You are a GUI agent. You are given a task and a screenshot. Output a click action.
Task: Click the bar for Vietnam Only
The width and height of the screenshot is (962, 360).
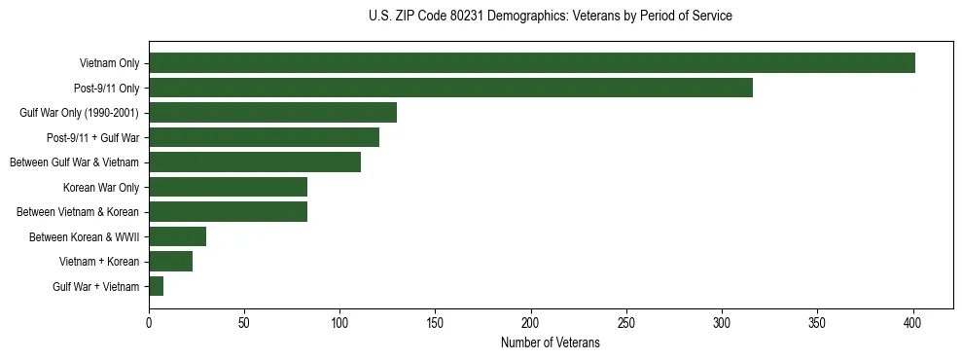pyautogui.click(x=532, y=63)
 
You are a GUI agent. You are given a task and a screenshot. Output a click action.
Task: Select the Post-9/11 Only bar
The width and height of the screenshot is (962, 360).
pyautogui.click(x=450, y=88)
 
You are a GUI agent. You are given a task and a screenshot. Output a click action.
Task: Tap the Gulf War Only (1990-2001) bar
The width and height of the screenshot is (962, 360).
pyautogui.click(x=272, y=113)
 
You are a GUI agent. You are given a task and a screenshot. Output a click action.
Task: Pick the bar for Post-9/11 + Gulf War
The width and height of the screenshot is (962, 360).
pyautogui.click(x=264, y=137)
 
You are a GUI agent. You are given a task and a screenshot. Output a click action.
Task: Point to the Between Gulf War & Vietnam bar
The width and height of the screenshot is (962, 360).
pyautogui.click(x=255, y=162)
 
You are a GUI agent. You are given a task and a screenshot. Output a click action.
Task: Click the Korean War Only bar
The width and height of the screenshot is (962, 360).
pyautogui.click(x=228, y=187)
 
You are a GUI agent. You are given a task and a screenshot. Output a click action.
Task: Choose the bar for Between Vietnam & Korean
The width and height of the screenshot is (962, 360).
pyautogui.click(x=228, y=212)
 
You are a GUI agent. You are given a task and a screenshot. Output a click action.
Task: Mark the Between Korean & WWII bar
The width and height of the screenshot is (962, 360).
pyautogui.click(x=177, y=236)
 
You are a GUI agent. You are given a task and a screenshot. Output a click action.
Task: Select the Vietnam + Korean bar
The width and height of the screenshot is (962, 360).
pyautogui.click(x=170, y=262)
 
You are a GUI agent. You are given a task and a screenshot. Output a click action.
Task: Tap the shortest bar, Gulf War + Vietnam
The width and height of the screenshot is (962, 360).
pyautogui.click(x=156, y=286)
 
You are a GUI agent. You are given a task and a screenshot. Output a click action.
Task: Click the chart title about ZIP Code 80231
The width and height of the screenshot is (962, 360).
pyautogui.click(x=551, y=17)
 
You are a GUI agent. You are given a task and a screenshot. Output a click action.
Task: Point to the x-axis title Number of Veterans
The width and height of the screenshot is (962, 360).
pyautogui.click(x=551, y=343)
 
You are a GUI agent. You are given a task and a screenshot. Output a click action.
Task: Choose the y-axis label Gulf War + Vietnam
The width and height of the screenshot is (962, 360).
pyautogui.click(x=95, y=286)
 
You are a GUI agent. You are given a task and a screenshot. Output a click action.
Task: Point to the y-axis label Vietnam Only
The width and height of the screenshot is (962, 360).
pyautogui.click(x=109, y=63)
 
